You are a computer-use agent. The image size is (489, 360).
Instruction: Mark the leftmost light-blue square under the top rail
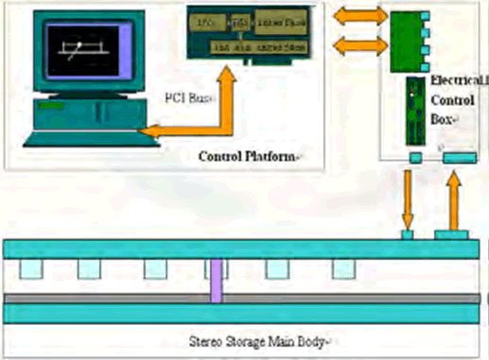(x=30, y=269)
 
